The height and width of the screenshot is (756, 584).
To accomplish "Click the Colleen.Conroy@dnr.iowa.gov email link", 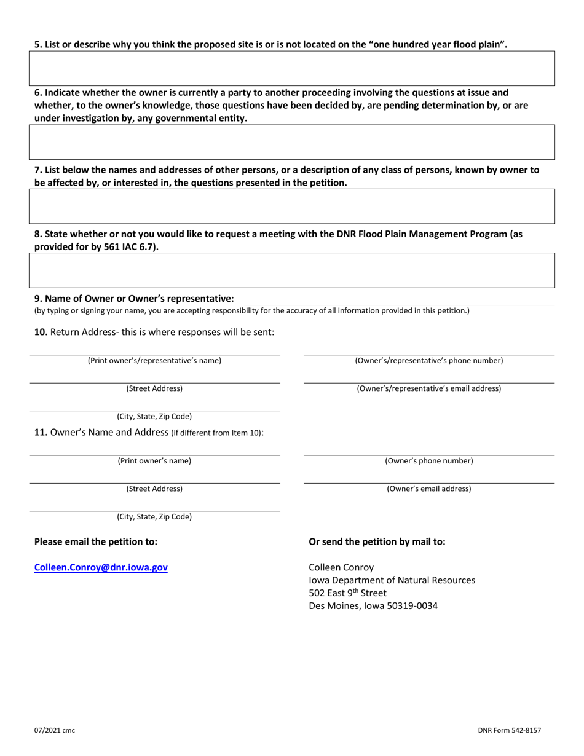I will tap(101, 568).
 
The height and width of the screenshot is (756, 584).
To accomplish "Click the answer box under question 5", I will tap(292, 68).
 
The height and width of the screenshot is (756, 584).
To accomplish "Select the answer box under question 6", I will tap(292, 142).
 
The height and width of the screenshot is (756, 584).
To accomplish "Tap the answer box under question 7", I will tap(292, 206).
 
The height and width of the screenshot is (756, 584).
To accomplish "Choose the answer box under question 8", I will tap(292, 270).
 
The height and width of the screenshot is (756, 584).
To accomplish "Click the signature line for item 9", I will tap(398, 299).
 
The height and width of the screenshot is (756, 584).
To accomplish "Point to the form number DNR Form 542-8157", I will tap(510, 730).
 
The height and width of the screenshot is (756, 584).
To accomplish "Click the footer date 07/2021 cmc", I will tap(55, 730).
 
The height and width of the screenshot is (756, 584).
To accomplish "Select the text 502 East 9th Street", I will tap(348, 593).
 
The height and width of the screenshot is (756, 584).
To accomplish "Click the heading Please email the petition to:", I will tap(95, 541).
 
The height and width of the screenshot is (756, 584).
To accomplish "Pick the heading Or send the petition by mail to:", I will tap(377, 541).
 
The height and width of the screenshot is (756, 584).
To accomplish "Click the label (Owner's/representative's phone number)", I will tap(428, 361).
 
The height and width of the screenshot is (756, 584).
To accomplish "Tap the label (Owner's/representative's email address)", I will tap(428, 388).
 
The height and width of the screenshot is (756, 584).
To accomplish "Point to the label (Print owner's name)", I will tap(154, 461).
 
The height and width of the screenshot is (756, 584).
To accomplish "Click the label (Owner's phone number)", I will tap(428, 461).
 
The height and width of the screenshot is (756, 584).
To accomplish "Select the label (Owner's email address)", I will tap(428, 489).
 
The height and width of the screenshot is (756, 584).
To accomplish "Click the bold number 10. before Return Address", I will tap(41, 333).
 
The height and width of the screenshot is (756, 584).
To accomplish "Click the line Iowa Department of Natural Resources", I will tap(392, 580).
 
